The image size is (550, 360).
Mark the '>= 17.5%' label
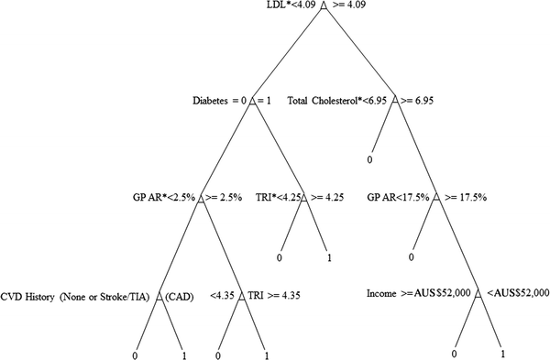pyautogui.click(x=465, y=196)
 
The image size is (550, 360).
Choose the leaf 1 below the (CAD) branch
pyautogui.click(x=184, y=354)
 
